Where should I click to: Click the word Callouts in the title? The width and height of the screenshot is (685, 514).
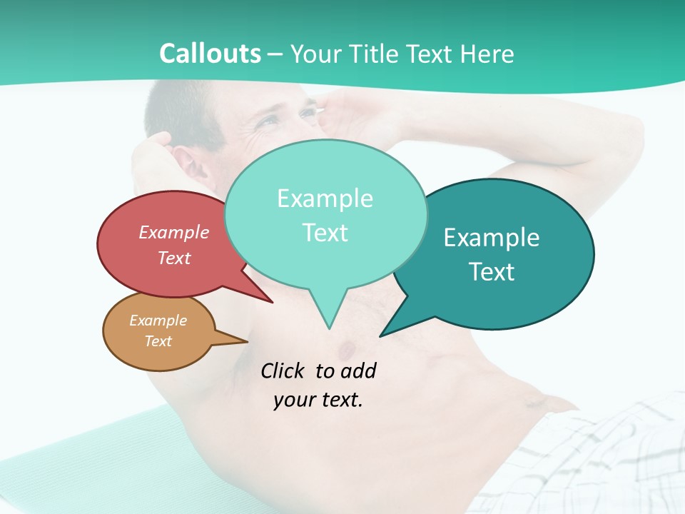tap(210, 54)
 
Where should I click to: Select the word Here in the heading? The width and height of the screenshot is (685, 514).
tap(487, 54)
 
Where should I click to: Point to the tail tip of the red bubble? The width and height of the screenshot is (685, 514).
tap(272, 302)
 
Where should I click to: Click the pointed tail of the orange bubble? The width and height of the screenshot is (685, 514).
tap(246, 341)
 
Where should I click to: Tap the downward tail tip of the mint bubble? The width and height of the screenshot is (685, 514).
tap(329, 328)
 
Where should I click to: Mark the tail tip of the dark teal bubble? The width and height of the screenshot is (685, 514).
tap(380, 336)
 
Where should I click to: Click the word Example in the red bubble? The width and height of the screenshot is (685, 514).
tap(174, 232)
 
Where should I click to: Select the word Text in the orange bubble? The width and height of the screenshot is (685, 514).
tap(158, 341)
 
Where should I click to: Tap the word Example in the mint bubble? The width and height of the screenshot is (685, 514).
tap(325, 198)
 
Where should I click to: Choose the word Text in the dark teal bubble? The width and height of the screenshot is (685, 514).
tap(492, 272)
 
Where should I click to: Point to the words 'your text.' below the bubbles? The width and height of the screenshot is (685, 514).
tap(318, 400)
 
